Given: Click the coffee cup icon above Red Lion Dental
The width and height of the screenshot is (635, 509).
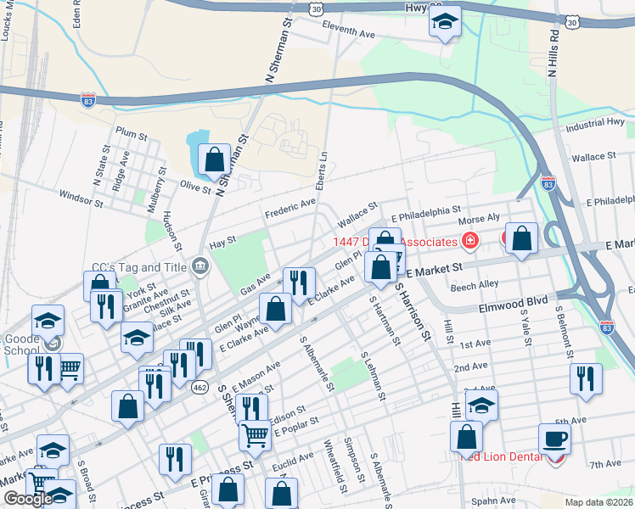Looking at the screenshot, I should [554, 438].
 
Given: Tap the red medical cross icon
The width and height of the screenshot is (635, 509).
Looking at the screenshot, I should [469, 242].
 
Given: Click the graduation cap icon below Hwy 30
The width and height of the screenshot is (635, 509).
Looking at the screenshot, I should [444, 24].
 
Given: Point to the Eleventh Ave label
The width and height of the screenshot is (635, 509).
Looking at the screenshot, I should [348, 32].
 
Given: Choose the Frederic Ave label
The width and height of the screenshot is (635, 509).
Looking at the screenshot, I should [289, 209].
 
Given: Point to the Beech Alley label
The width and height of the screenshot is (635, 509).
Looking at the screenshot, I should [475, 287].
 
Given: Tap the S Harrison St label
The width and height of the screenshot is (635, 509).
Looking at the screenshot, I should [410, 311].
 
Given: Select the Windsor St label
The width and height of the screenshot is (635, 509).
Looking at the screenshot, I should [81, 199].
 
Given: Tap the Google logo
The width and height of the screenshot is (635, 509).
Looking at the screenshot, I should [28, 499].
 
